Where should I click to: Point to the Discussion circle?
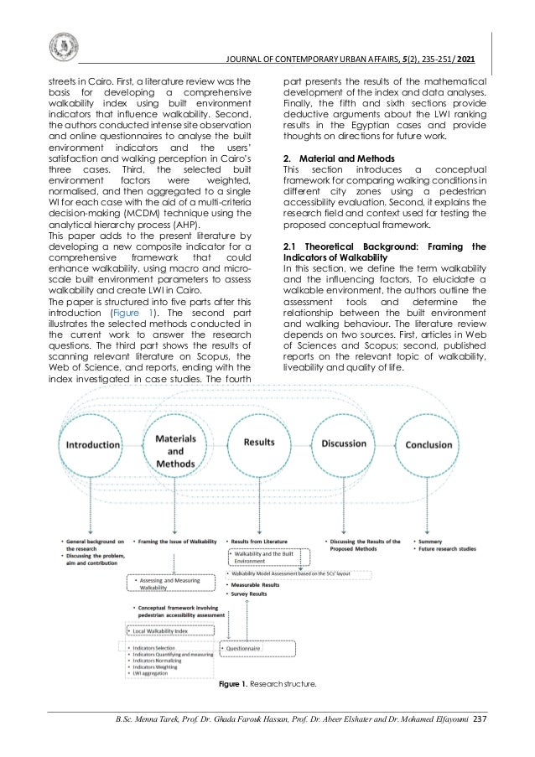tap(343, 443)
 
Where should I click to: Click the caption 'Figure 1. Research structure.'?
tap(267, 685)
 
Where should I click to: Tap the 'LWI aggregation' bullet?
tap(149, 672)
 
